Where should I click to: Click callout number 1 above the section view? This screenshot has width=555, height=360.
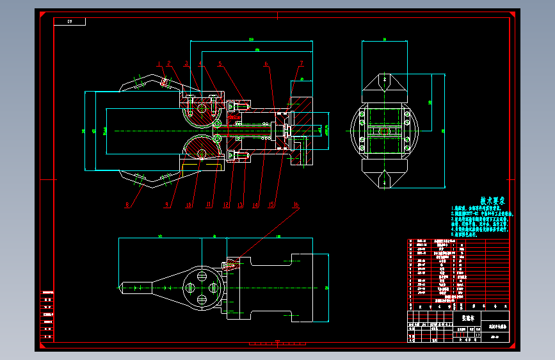[x=158, y=62]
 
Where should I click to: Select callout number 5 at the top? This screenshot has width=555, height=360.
[x=220, y=63]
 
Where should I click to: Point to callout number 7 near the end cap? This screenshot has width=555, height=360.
[x=300, y=63]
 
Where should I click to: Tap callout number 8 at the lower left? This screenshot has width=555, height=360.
[x=127, y=205]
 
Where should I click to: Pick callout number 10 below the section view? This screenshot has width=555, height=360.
[x=189, y=205]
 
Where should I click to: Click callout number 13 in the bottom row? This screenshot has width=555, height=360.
[x=241, y=205]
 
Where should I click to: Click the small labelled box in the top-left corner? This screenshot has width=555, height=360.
[x=76, y=22]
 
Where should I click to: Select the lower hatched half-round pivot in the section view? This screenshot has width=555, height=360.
[x=200, y=149]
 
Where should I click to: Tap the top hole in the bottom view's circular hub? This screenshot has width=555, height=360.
[x=202, y=275]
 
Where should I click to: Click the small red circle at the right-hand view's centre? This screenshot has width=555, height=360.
[x=385, y=131]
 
